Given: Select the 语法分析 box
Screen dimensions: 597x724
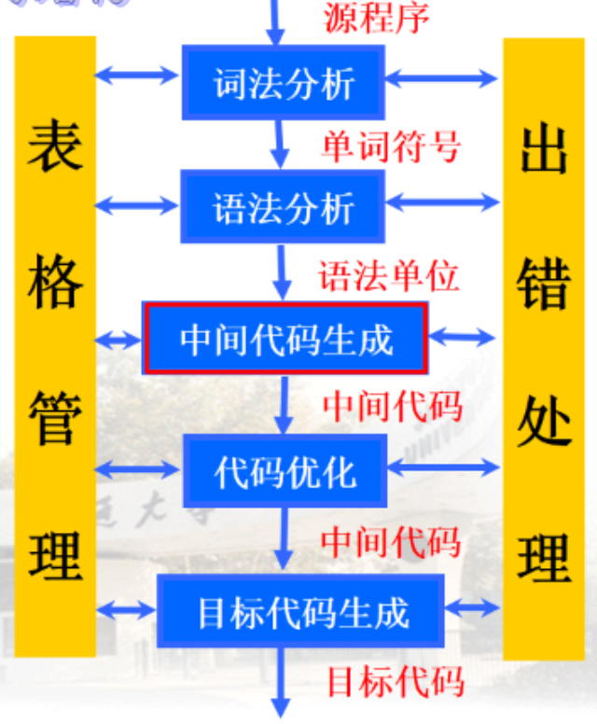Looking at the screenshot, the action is [x=284, y=206].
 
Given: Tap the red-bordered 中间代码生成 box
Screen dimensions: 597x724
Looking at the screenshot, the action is [x=285, y=338].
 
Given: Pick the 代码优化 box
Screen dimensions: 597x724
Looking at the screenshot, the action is [x=285, y=470].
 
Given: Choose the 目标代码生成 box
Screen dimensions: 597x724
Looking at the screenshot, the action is [x=300, y=611].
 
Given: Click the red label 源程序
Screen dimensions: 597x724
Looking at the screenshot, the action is [x=377, y=18].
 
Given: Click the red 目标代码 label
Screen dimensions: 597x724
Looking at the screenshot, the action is [x=395, y=682].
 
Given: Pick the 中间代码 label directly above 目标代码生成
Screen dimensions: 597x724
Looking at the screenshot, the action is [x=391, y=541].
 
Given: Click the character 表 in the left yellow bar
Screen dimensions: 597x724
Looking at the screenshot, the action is [x=55, y=150].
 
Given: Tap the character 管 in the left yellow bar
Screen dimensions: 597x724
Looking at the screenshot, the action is [x=55, y=415].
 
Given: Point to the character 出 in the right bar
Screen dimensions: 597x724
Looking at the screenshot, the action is [x=544, y=150].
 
